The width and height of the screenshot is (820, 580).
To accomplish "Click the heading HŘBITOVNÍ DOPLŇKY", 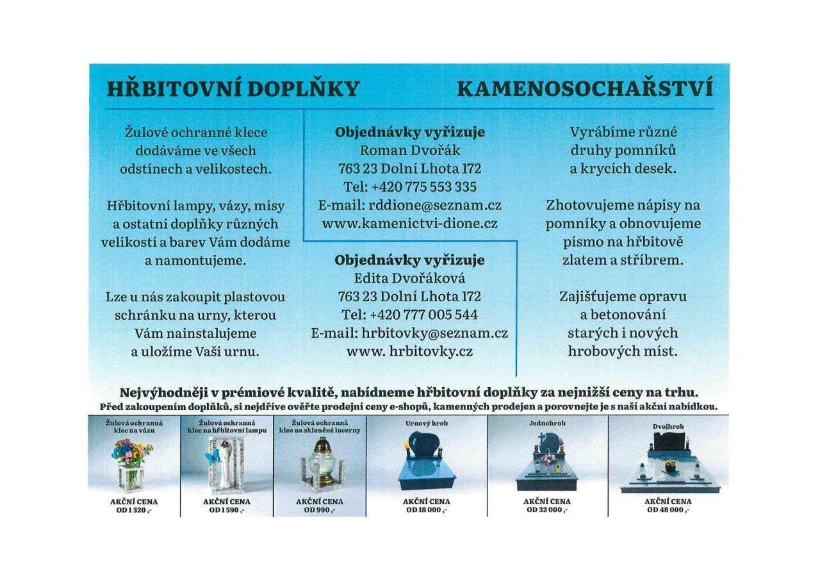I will coord(233,89).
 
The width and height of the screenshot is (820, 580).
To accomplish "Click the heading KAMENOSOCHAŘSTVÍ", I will coord(585,89).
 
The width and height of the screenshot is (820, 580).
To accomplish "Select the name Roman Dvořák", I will coord(410,151).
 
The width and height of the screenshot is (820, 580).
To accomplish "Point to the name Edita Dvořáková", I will coord(410,279).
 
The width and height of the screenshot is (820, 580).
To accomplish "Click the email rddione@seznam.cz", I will coord(434,205).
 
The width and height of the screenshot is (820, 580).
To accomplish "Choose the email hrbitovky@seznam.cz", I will coord(434,333).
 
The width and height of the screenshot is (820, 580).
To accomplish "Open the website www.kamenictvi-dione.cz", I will coord(410,224).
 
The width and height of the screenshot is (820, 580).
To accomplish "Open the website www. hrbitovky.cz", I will coord(410,352).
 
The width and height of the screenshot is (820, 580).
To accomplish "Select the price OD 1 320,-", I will coord(133,510).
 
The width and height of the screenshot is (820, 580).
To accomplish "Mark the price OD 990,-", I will coord(320,510).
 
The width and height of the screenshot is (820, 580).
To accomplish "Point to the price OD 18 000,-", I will coord(426,510).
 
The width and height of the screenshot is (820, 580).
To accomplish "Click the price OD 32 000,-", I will coord(547,510).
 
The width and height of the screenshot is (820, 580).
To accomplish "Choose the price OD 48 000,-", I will coord(668,510).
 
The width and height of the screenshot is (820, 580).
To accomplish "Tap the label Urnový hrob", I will coord(426,424).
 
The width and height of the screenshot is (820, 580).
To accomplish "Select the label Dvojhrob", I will coord(668,426).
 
